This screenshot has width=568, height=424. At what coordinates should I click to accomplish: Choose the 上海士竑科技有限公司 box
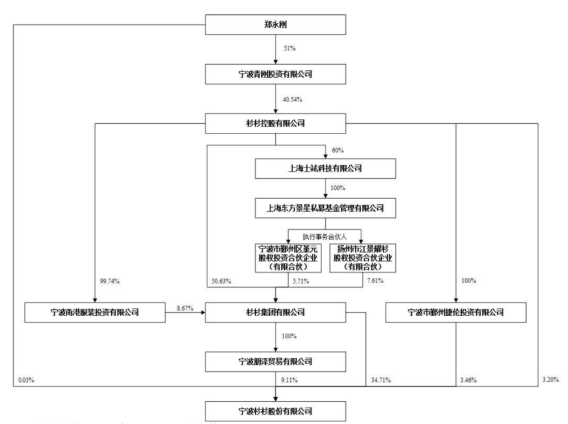point(324,168)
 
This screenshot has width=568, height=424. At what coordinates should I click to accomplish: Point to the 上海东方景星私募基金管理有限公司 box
point(324,208)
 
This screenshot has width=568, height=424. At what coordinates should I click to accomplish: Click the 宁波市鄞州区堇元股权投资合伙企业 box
point(289,257)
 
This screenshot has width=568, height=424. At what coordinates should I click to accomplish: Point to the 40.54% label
point(291,99)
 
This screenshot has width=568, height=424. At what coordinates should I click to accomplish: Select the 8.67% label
point(185,307)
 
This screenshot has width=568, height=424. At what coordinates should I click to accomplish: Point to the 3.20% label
point(549,377)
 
